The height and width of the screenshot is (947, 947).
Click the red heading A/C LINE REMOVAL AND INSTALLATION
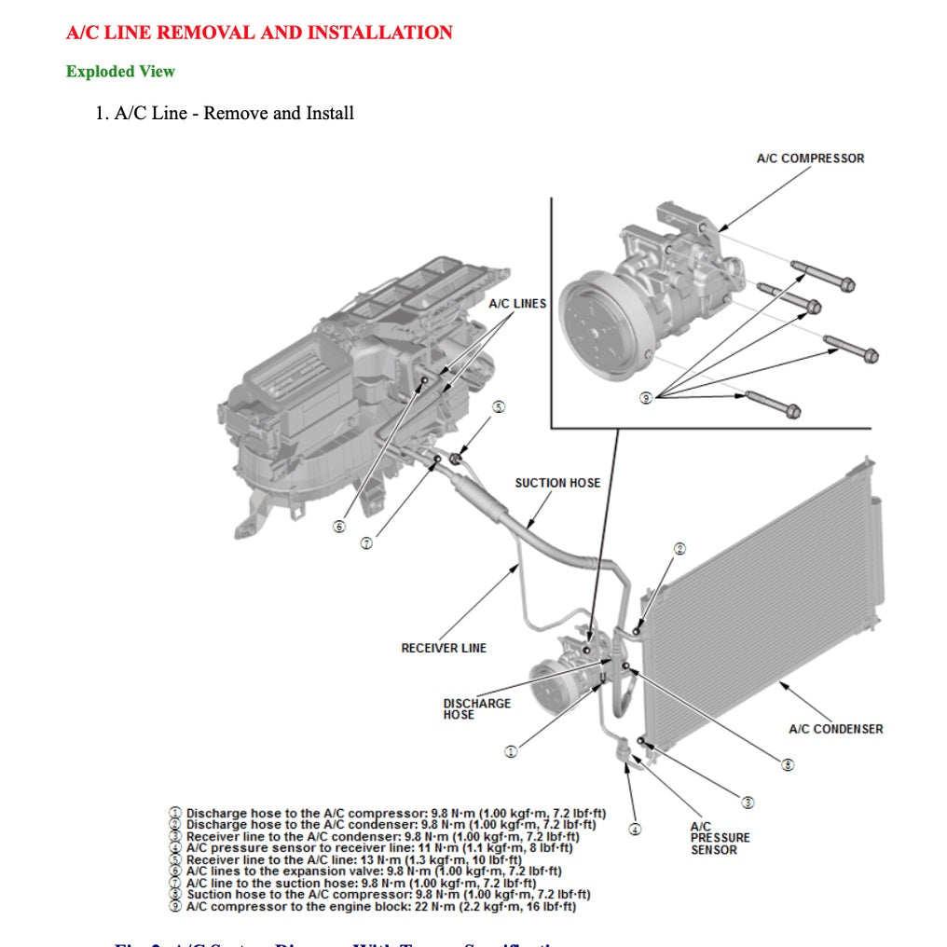point(259,33)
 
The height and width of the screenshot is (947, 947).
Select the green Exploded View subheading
point(120,72)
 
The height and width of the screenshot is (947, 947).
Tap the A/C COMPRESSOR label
point(809,158)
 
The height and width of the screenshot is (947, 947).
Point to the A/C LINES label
point(517,304)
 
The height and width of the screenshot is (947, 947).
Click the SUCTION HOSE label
point(557,483)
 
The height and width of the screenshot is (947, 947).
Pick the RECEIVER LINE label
point(444,648)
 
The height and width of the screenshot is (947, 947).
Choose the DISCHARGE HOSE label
point(476,708)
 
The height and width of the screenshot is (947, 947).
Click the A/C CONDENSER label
point(835,729)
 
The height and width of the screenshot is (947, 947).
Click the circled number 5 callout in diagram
point(499,407)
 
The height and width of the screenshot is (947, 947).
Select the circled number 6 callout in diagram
point(339,527)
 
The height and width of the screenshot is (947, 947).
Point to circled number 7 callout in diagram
point(366,543)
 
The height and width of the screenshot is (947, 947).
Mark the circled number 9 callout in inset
point(646,398)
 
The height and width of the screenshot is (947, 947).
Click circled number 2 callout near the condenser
point(679,549)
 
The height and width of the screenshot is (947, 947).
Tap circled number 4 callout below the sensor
point(635,829)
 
